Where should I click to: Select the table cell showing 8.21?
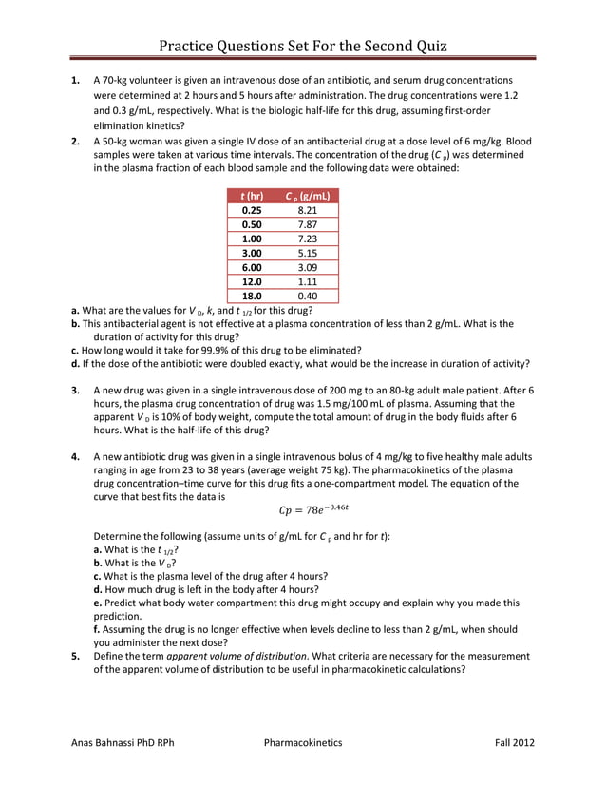306,211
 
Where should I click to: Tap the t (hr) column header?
252,196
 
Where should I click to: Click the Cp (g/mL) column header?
307,196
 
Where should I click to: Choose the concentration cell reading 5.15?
306,254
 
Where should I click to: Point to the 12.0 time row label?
252,282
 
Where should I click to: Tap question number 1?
75,81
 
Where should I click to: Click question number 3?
75,391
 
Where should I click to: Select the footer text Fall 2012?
515,742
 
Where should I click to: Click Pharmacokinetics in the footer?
303,742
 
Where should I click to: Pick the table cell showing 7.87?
306,225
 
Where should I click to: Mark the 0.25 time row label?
252,211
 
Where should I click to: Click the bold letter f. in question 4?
97,629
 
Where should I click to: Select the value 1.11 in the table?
306,282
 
